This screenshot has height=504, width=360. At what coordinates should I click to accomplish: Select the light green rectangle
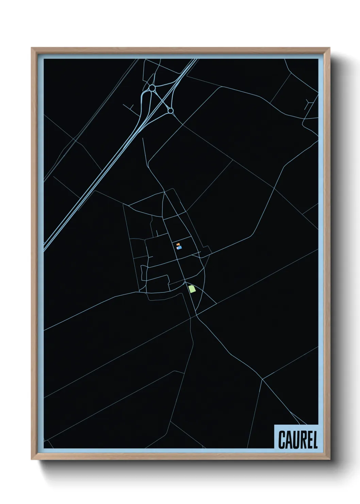(192, 289)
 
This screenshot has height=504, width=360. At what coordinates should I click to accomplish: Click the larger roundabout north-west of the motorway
(152, 88)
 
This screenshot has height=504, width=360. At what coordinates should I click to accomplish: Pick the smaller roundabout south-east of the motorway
(170, 110)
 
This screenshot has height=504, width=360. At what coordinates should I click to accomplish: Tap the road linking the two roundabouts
(161, 99)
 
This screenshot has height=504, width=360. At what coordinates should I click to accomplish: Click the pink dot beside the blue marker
(177, 248)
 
